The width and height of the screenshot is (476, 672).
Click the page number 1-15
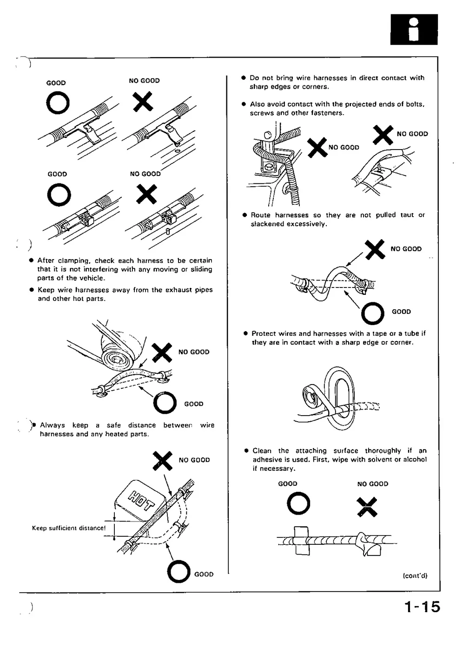[422, 607]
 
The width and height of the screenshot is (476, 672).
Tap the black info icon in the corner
[414, 29]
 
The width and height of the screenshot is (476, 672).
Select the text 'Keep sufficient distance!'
[69, 528]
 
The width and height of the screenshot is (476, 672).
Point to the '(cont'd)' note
[415, 575]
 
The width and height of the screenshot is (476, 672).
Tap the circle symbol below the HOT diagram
[179, 572]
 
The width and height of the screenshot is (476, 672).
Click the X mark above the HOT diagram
[163, 461]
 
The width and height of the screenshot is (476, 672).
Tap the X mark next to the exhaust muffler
[162, 352]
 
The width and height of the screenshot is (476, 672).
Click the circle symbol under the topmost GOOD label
[58, 103]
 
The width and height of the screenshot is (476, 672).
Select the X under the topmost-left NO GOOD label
[143, 102]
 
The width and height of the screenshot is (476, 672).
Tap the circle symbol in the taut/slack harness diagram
[373, 313]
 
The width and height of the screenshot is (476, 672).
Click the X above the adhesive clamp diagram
[367, 507]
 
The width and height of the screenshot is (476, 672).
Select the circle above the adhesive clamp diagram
[298, 504]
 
